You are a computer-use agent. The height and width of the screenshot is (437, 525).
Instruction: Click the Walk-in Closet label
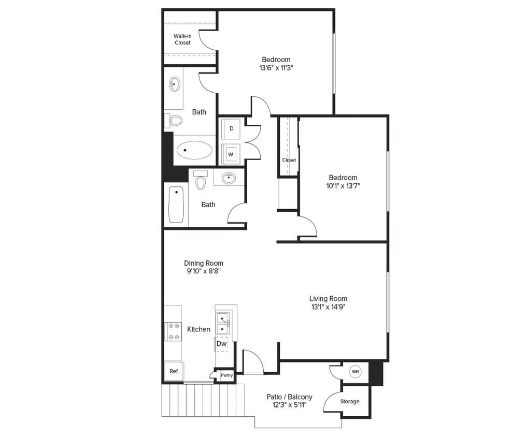[182, 39]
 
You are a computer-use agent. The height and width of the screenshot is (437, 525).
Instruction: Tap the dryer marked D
[231, 128]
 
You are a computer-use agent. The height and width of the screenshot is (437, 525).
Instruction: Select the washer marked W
[231, 154]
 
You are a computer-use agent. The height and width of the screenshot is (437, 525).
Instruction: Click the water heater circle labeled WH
[355, 372]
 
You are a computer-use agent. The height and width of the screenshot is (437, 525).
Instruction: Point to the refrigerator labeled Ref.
[174, 371]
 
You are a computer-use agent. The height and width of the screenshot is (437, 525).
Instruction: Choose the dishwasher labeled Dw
[221, 343]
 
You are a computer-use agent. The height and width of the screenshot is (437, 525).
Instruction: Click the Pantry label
[226, 375]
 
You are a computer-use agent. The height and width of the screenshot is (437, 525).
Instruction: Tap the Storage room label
[350, 401]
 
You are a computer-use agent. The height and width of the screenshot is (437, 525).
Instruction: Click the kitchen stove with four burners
[173, 331]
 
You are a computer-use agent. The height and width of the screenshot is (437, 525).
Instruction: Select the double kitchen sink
[223, 323]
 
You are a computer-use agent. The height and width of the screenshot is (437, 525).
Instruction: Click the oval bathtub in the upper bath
[194, 151]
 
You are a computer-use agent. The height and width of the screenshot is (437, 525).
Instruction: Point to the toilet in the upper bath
[176, 121]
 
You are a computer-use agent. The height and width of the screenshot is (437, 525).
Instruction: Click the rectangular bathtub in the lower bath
[176, 205]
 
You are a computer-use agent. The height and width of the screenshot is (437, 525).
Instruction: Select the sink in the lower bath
[229, 179]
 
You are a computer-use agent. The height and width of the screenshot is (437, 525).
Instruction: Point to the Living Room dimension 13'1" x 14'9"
[328, 307]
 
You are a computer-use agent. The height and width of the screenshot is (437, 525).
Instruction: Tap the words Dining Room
[204, 263]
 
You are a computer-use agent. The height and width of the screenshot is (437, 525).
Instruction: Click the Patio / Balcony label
[290, 397]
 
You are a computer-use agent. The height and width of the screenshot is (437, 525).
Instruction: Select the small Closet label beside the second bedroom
[289, 160]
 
